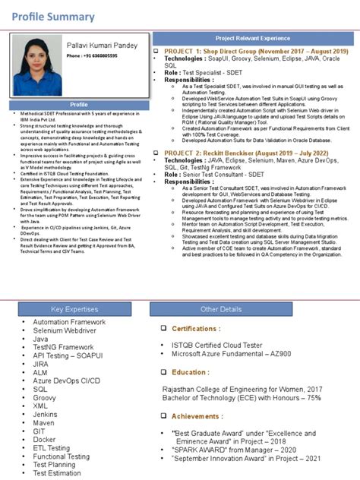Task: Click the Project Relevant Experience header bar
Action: tap(253, 37)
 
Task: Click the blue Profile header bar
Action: tap(79, 103)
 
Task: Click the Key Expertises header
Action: tap(74, 309)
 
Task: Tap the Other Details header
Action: tap(221, 309)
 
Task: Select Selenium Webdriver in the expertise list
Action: tap(64, 332)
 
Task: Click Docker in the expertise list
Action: tap(45, 439)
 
